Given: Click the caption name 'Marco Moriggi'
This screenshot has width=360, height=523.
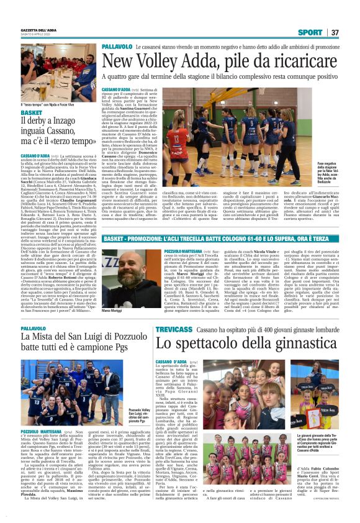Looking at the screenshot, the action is coord(112,293).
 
